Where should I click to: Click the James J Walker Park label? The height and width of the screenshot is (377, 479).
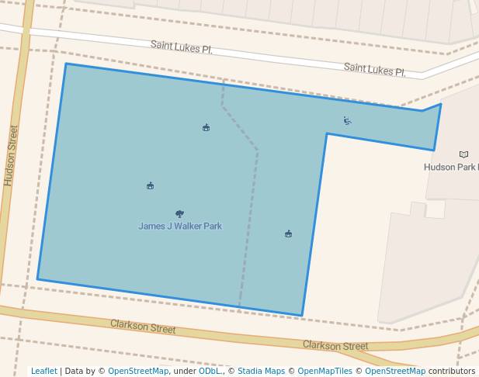tap(180, 227)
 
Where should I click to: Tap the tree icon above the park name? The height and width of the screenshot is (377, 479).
tap(179, 213)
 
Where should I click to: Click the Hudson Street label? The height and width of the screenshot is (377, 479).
tap(10, 155)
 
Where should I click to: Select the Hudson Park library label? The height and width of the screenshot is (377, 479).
tap(450, 167)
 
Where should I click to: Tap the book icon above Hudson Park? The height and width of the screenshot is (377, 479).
tap(464, 154)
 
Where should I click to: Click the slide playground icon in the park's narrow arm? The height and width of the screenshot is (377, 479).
tap(347, 120)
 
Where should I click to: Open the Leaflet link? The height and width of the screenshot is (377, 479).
tap(44, 371)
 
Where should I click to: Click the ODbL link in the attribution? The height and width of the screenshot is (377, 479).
tap(209, 371)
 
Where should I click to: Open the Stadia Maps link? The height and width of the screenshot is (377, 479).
tap(261, 371)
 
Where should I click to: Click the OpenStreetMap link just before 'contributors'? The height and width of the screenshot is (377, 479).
tap(395, 371)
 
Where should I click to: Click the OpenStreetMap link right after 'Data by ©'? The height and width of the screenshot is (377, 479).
tap(138, 371)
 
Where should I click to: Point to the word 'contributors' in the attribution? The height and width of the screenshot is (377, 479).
tap(452, 371)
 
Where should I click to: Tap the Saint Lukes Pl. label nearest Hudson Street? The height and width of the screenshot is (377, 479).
tap(181, 48)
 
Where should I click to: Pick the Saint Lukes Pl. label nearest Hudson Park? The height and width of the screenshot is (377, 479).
tap(375, 70)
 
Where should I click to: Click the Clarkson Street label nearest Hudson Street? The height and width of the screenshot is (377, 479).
tap(143, 326)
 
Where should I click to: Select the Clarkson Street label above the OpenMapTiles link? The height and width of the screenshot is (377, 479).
tap(335, 345)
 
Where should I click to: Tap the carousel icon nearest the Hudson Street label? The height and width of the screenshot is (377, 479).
tap(150, 185)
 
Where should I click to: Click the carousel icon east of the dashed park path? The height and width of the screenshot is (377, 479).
tap(288, 233)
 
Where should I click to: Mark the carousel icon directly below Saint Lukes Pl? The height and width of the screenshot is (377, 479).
tap(206, 127)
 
